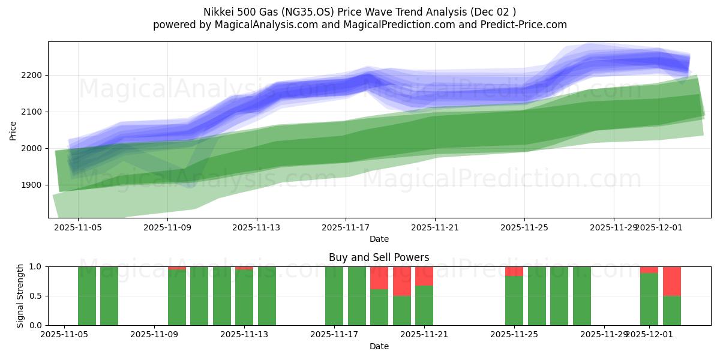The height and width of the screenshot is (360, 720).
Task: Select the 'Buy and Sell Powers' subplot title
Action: coord(379,257)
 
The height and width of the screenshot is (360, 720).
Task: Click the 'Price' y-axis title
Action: coord(13,130)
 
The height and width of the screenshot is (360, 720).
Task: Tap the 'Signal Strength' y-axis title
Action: coord(20,296)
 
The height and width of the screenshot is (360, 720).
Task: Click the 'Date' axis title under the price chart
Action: coord(379,239)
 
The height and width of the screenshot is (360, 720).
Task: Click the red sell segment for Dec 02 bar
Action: coord(671,281)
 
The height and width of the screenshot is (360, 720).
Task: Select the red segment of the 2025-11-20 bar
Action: coord(401,281)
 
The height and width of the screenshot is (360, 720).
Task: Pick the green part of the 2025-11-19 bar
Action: coord(379,307)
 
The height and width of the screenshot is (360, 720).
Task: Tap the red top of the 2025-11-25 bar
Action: coord(514,271)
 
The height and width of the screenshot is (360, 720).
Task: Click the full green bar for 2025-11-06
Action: coord(109,296)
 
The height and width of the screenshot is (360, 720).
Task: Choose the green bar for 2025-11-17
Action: coord(334,296)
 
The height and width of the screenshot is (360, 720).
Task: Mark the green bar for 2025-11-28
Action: coord(581,296)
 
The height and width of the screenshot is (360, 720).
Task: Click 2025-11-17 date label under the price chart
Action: coord(346,227)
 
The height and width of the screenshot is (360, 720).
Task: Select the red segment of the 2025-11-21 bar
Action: coord(424,276)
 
